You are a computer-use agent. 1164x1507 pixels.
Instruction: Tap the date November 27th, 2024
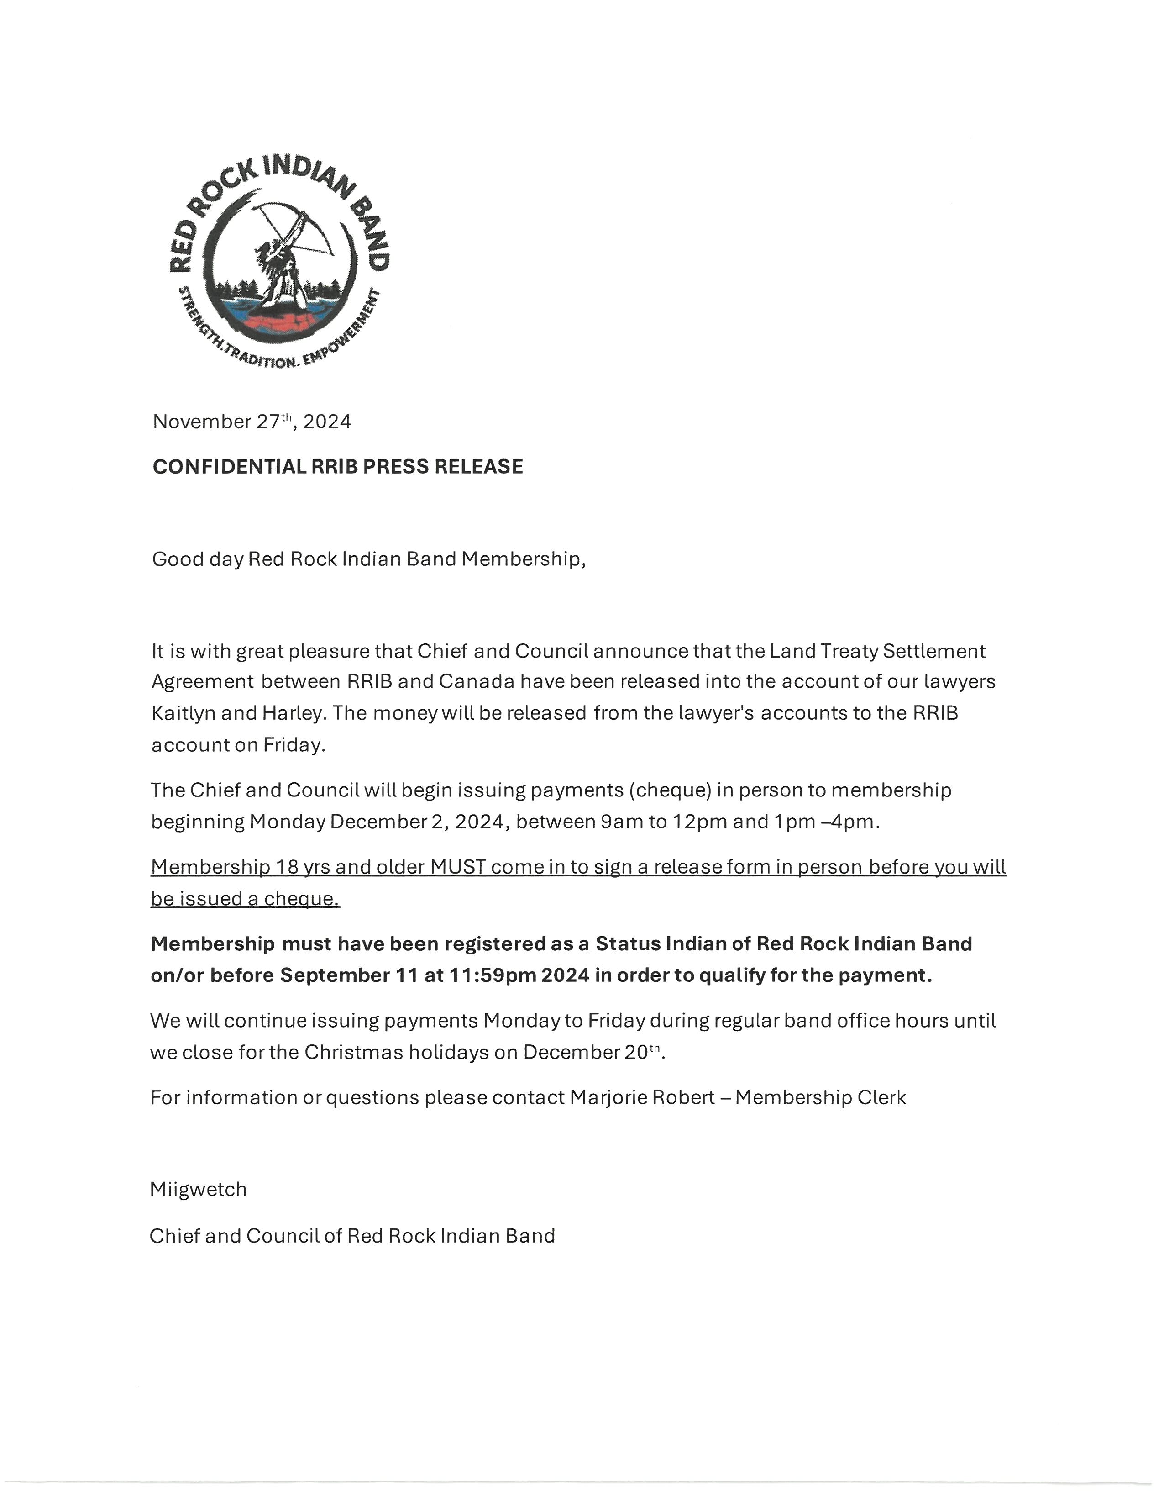[x=252, y=422]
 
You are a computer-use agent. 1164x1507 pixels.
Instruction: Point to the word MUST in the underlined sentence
[x=458, y=867]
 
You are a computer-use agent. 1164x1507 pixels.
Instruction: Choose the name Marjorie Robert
[x=642, y=1097]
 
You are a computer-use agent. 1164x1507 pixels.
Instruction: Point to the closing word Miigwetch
[x=198, y=1190]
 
